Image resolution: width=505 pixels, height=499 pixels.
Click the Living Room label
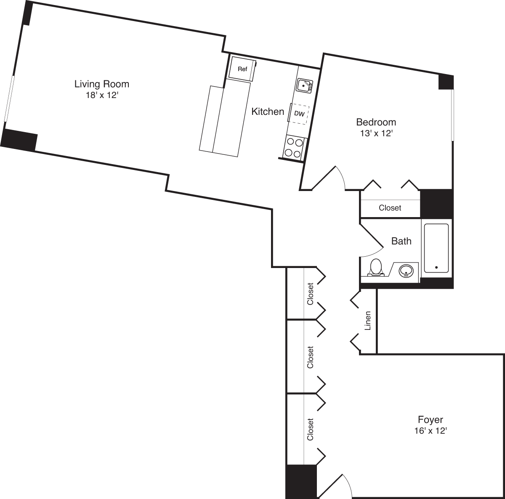(x=101, y=84)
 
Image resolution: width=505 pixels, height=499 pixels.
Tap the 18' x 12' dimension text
(x=101, y=96)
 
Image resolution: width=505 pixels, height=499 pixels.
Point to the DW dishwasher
(x=299, y=114)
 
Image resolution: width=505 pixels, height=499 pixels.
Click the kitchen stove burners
(x=294, y=147)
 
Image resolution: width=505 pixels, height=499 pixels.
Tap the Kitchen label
(x=268, y=111)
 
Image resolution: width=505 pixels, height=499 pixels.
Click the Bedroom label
(x=376, y=122)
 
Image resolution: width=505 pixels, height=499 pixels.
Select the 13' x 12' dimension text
(x=376, y=134)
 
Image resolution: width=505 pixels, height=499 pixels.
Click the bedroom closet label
(x=390, y=208)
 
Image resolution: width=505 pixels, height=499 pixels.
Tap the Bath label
(x=401, y=241)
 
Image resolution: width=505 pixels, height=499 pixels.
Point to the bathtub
(x=436, y=248)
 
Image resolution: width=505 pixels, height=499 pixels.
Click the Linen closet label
(x=367, y=321)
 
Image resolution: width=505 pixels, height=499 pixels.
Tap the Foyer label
(x=430, y=419)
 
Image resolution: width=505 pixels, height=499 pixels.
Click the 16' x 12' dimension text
(x=430, y=431)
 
